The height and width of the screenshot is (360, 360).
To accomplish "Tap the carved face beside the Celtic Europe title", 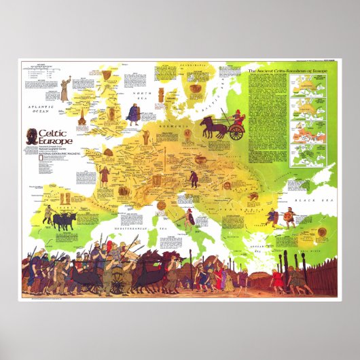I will coord(30,139).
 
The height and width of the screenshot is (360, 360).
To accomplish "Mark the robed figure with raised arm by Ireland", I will coord(65,89).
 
